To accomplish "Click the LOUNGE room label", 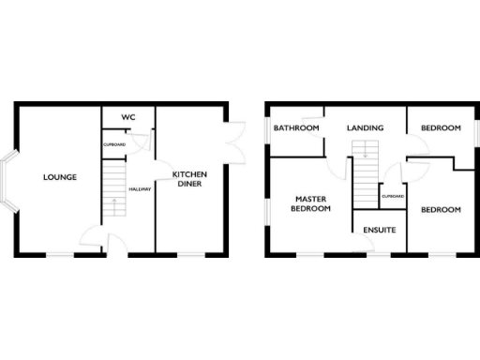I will [59, 177].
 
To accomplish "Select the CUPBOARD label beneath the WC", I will [113, 144].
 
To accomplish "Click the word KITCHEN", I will [189, 174].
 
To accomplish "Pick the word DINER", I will [189, 185].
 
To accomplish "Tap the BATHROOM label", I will [296, 127].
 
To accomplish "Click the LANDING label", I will [365, 127].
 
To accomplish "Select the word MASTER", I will [309, 199].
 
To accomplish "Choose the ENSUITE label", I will [380, 230].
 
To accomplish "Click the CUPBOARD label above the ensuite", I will [393, 196].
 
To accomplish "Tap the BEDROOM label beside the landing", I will [440, 127].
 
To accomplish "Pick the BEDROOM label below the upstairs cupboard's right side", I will [440, 210].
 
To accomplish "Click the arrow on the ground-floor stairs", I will [112, 202].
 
